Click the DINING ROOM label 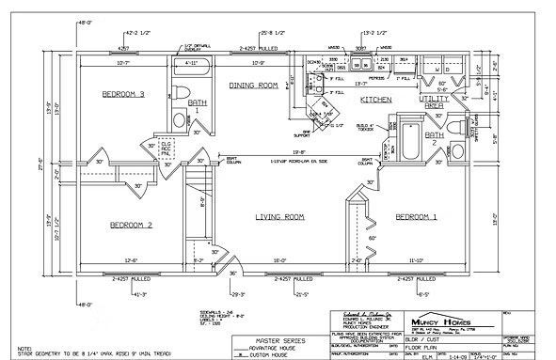coord(255,86)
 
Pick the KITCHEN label coord(376,99)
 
